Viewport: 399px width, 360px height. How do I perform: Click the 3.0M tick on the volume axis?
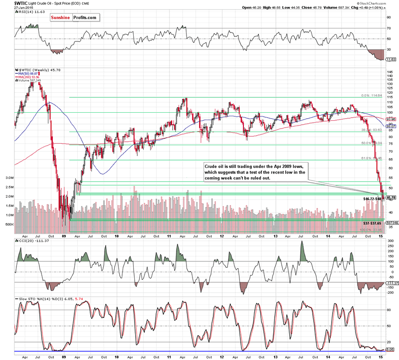click(9, 178)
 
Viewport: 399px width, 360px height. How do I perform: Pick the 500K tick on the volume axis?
click(9, 224)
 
